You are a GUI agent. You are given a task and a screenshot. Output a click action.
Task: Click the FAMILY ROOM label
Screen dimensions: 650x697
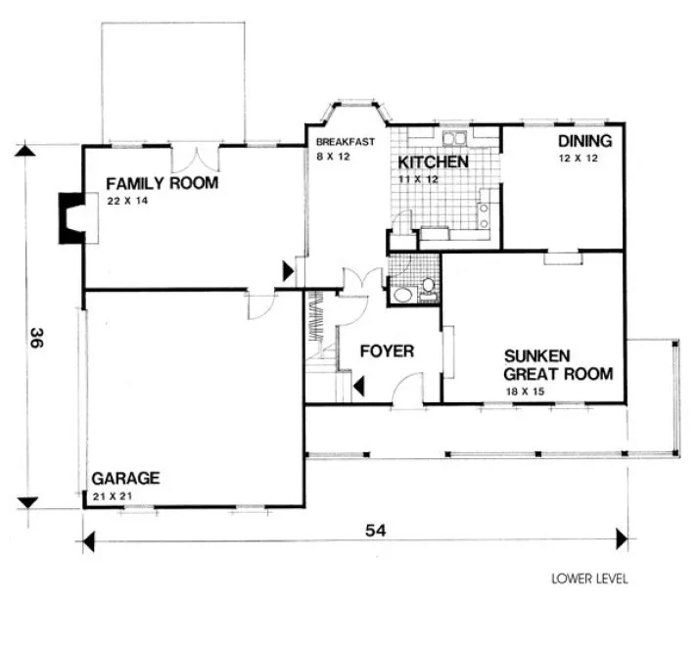[x=162, y=184]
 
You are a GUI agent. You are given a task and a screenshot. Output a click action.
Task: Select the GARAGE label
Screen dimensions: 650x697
[x=124, y=479]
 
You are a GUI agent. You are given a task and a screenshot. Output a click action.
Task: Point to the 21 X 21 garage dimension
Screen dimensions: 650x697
[x=112, y=496]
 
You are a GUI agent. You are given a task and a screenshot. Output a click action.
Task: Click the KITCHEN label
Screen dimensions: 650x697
[x=432, y=162]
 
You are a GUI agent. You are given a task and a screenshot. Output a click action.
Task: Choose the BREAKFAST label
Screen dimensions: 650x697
[x=345, y=142]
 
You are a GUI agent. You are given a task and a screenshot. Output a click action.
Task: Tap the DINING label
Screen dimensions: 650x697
[x=579, y=141]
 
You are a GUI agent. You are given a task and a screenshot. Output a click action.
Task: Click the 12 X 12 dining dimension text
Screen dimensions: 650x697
[x=578, y=158]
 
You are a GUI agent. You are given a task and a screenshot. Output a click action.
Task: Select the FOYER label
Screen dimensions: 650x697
[x=386, y=351]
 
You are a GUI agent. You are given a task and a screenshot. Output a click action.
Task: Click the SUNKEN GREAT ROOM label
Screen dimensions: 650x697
[x=558, y=365]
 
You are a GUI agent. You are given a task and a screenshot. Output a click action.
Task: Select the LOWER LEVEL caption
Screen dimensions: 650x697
[x=589, y=579]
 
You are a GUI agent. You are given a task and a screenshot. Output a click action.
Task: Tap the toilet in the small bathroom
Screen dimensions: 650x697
[x=427, y=289]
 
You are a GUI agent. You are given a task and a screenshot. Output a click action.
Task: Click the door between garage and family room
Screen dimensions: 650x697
[x=258, y=305]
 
